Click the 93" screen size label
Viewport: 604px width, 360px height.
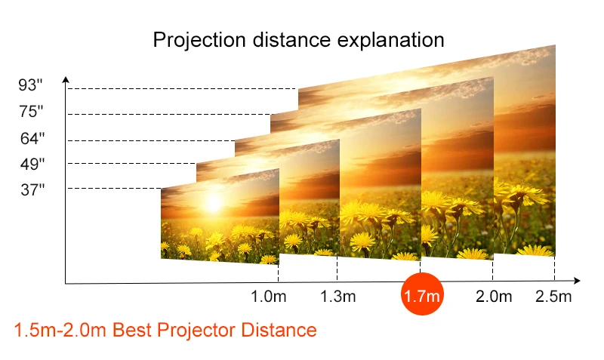(x=30, y=85)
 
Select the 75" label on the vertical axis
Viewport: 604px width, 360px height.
(x=31, y=111)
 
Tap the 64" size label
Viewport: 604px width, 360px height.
(x=32, y=138)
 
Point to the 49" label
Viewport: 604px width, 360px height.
(x=32, y=164)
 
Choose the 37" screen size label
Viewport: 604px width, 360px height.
(x=32, y=190)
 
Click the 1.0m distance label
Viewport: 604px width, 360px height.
(x=269, y=297)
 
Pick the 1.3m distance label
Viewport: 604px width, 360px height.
(x=338, y=297)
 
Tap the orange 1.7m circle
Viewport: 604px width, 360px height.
(x=422, y=294)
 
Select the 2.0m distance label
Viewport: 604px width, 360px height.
(x=494, y=297)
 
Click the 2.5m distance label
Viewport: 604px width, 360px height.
(x=553, y=297)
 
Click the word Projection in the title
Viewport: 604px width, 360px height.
(x=199, y=41)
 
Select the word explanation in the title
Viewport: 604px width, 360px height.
(x=390, y=41)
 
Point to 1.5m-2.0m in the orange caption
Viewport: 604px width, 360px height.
(x=60, y=331)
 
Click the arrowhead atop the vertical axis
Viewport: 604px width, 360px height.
(x=66, y=79)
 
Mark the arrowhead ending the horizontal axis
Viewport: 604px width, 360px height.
(x=577, y=281)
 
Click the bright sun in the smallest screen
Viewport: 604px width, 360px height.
(x=214, y=203)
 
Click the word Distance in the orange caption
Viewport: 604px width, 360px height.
(x=279, y=331)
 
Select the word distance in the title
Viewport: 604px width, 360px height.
(x=291, y=40)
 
